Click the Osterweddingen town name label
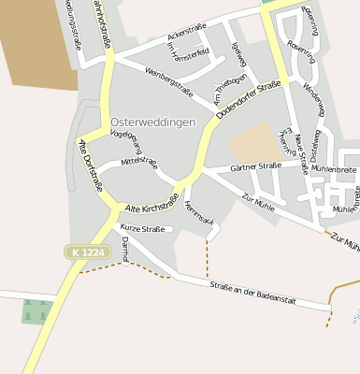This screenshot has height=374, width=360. coord(152,122)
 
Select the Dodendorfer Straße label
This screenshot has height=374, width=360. coord(248,101)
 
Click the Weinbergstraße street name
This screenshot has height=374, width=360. coord(168,81)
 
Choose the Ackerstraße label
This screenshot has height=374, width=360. coord(186,33)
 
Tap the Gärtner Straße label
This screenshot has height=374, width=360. coord(255,166)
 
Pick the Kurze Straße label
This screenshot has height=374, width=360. coord(142,229)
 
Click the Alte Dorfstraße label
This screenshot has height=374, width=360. coord(91,166)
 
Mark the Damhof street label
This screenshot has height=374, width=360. coord(125,247)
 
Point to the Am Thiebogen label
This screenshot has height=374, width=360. coord(229,89)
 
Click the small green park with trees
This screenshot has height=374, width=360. coord(36,310)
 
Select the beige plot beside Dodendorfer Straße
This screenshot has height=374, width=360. coord(252,142)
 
